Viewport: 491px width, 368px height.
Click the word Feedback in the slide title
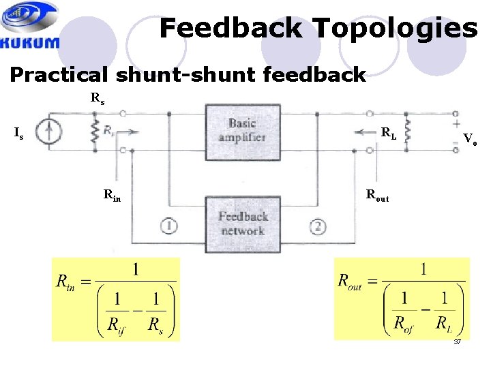(x=230, y=29)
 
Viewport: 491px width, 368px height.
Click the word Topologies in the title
(x=395, y=29)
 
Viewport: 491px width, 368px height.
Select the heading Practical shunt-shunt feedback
(x=188, y=74)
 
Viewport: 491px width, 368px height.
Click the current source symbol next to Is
(x=48, y=132)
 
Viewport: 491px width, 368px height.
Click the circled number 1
(x=168, y=226)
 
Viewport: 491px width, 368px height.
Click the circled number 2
(x=318, y=226)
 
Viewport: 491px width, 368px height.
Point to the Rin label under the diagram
(x=113, y=194)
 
